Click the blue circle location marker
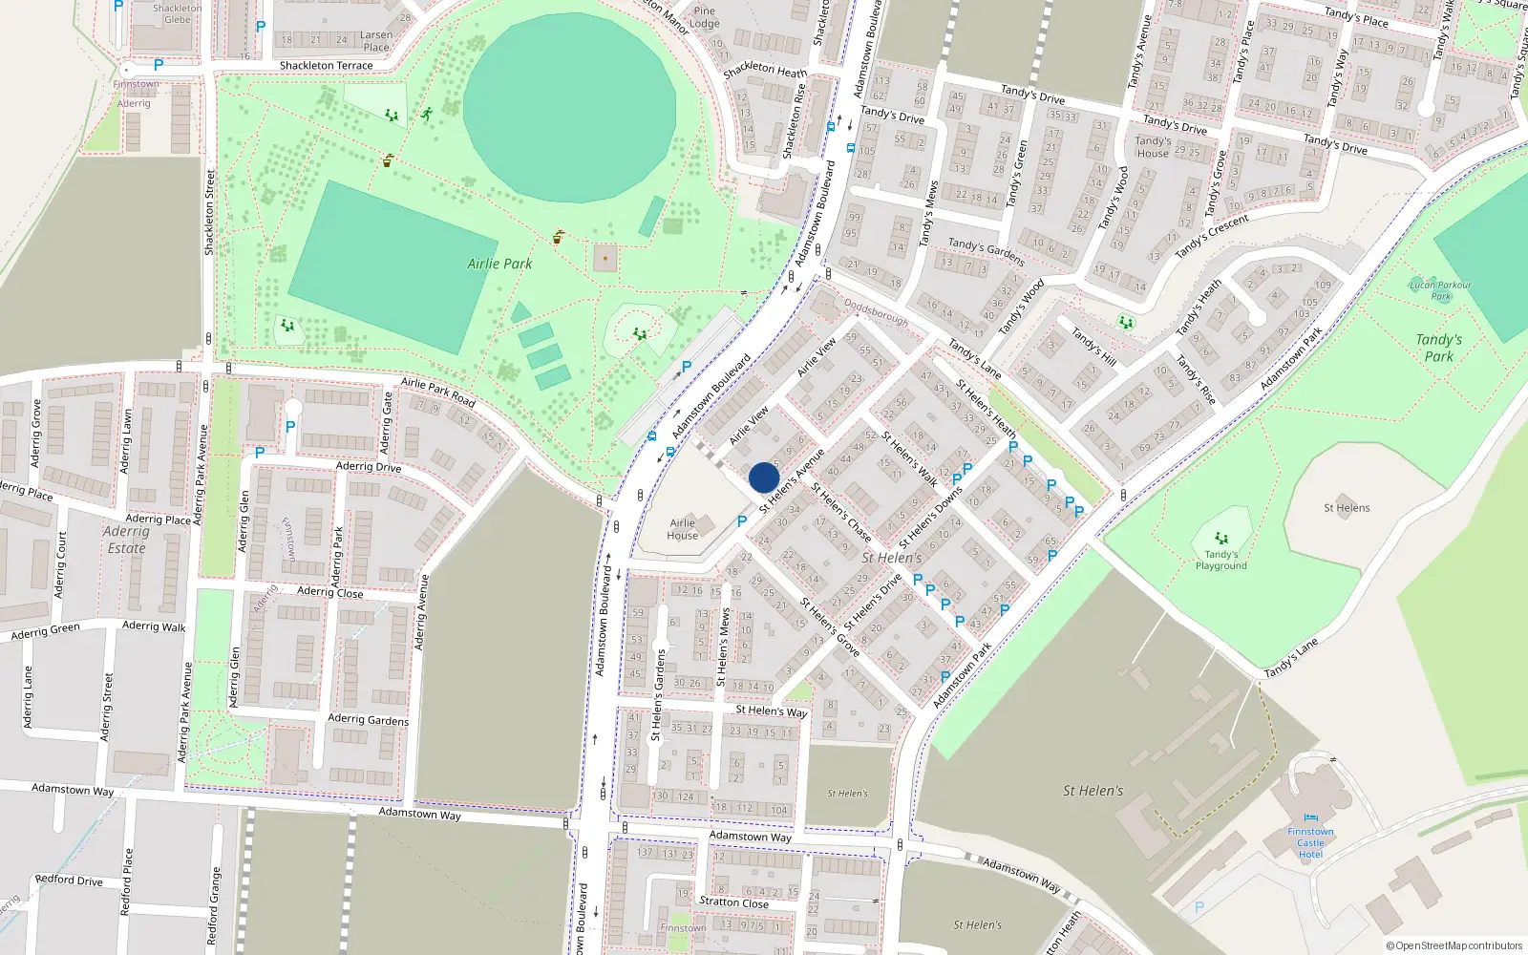pyautogui.click(x=764, y=477)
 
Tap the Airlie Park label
pyautogui.click(x=499, y=264)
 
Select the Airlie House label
pyautogui.click(x=682, y=529)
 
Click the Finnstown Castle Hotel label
pyautogui.click(x=1310, y=842)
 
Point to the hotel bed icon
pyautogui.click(x=1310, y=818)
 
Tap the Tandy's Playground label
pyautogui.click(x=1220, y=560)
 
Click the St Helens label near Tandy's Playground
pyautogui.click(x=1346, y=508)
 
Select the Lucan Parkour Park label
pyautogui.click(x=1440, y=290)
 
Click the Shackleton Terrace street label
pyautogui.click(x=326, y=66)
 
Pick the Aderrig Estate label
pyautogui.click(x=126, y=540)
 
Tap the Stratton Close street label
pyautogui.click(x=733, y=902)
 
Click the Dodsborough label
pyautogui.click(x=876, y=314)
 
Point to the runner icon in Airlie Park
pyautogui.click(x=426, y=115)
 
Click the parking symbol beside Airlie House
pyautogui.click(x=742, y=521)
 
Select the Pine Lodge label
pyautogui.click(x=704, y=17)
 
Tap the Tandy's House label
pyautogui.click(x=1153, y=147)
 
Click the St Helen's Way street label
pyautogui.click(x=771, y=711)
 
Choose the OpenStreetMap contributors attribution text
pyautogui.click(x=1454, y=945)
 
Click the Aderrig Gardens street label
pyautogui.click(x=368, y=719)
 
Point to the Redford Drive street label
pyautogui.click(x=69, y=880)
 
